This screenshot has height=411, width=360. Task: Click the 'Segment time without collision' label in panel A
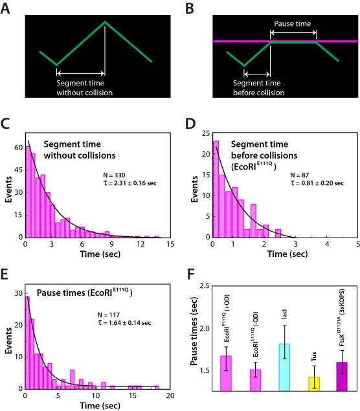pos(84,87)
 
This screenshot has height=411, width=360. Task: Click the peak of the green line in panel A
pos(106,22)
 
